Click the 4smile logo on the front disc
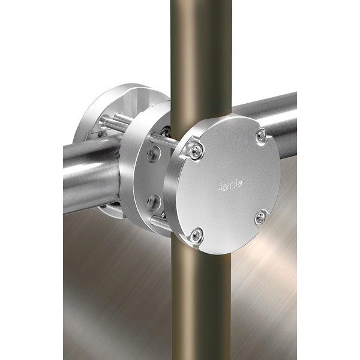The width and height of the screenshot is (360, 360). (230, 185)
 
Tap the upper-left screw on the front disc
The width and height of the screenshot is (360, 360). (196, 150)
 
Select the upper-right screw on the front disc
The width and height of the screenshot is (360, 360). (261, 135)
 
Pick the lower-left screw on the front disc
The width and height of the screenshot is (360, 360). (197, 235)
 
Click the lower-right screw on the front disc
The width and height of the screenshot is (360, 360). (261, 217)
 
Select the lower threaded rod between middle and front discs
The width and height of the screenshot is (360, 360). (160, 223)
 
